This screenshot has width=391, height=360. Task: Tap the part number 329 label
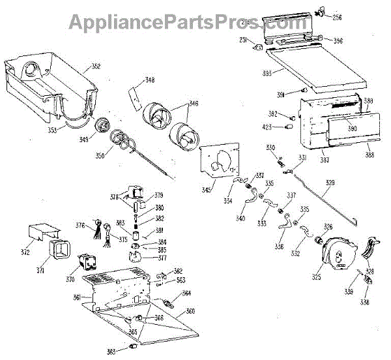330,183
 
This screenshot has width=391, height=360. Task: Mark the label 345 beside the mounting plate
207,190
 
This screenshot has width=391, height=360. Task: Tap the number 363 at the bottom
111,352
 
